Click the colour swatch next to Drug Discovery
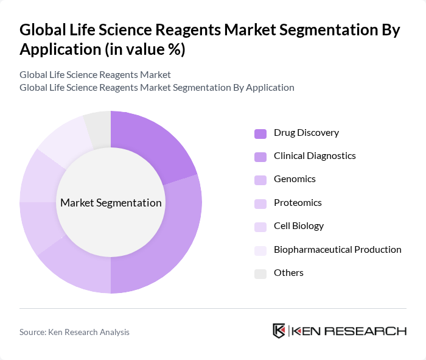point(260,133)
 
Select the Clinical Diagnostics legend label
point(315,156)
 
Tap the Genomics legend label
point(295,179)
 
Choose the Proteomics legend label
point(298,202)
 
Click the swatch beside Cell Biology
point(260,227)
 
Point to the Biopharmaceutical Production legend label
point(337,249)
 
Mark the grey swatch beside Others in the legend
point(260,274)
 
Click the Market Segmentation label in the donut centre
point(111,203)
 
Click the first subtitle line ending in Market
point(95,74)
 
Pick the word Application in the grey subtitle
point(268,87)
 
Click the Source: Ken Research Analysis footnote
point(74,332)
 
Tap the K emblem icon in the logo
point(279,331)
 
